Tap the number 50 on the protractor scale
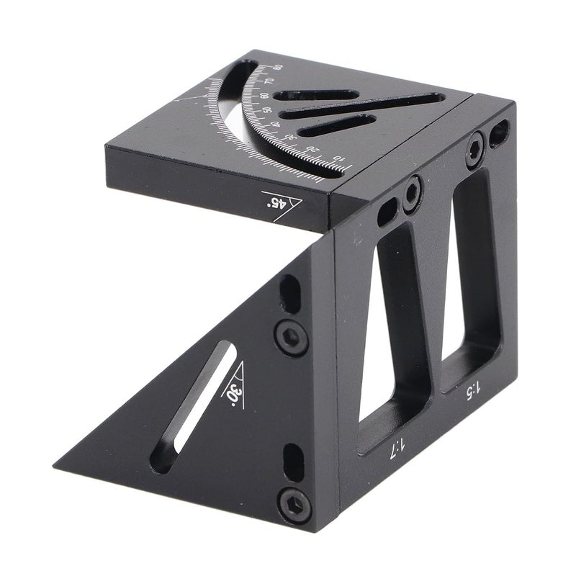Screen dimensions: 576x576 tap(266, 111)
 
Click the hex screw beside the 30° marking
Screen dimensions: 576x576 tap(292, 337)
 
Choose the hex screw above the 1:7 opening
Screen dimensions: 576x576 tap(412, 192)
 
